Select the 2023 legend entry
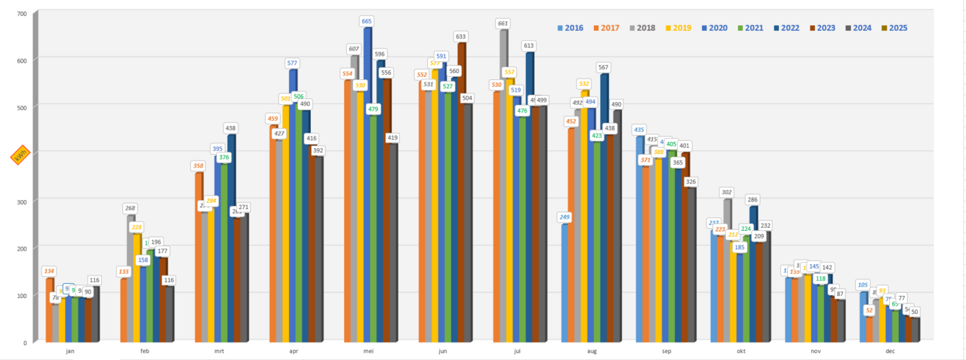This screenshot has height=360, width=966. [x=820, y=28]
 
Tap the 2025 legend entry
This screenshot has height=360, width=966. [x=894, y=28]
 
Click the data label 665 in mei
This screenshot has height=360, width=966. [x=368, y=21]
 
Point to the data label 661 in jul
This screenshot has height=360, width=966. [x=503, y=23]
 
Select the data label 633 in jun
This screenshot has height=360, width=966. [x=461, y=36]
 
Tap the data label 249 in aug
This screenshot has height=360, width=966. [x=565, y=217]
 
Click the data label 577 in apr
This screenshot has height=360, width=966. [x=293, y=63]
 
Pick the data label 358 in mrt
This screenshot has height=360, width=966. [x=198, y=165]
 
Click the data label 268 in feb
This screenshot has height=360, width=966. [x=131, y=208]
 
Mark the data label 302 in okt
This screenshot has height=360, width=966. [x=728, y=192]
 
